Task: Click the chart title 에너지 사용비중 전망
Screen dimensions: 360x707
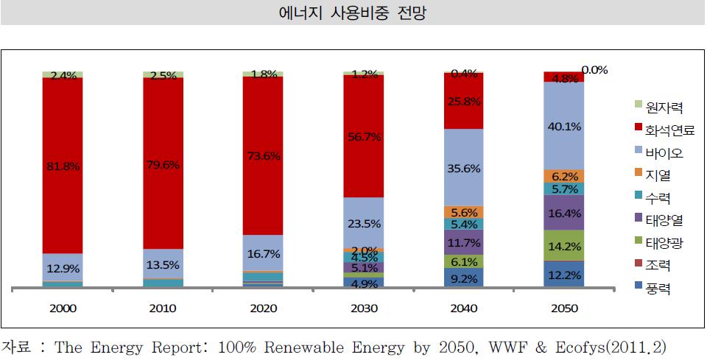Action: pos(353,13)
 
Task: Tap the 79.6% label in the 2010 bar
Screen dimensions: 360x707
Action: pos(163,164)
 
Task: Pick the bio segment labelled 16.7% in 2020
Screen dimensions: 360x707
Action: pos(263,253)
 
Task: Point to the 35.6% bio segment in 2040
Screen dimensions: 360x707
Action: pos(463,168)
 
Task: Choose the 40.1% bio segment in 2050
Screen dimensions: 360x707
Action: pos(563,125)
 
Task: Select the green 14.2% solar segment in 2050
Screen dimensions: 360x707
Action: pos(563,246)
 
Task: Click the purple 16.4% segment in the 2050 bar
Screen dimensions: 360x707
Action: pos(563,213)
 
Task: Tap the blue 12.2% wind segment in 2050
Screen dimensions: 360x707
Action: pos(563,274)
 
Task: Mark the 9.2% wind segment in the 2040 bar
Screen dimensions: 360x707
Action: pos(463,278)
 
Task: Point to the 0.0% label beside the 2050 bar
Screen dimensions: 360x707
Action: pos(594,70)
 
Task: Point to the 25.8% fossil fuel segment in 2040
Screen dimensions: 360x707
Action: pos(463,101)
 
